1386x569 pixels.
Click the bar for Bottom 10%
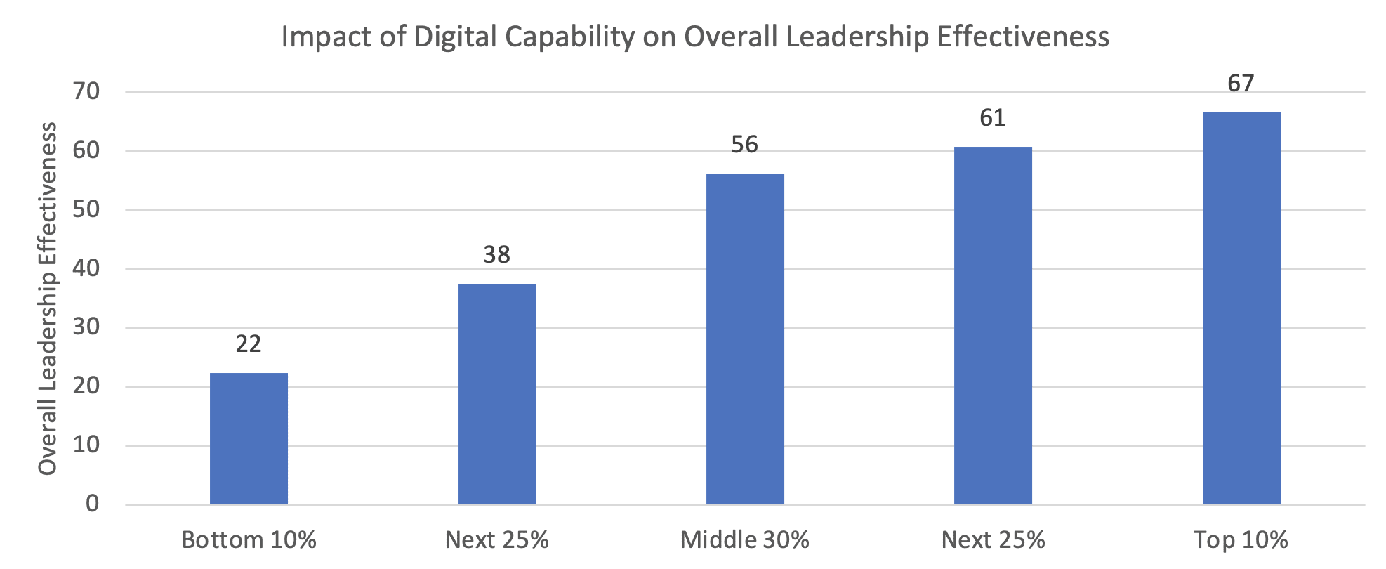249,438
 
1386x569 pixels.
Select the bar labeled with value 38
497,393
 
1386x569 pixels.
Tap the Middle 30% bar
745,339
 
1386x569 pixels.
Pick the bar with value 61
993,325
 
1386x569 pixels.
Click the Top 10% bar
1241,308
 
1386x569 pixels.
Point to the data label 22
249,344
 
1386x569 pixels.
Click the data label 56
745,145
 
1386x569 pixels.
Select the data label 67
1241,84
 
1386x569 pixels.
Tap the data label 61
993,117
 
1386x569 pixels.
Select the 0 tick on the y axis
93,504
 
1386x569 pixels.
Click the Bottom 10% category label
249,539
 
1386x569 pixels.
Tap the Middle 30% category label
745,539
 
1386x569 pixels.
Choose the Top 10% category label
1241,539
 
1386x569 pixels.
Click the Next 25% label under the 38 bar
497,539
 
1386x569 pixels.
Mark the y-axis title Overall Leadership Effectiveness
48,298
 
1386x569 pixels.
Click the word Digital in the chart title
454,36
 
